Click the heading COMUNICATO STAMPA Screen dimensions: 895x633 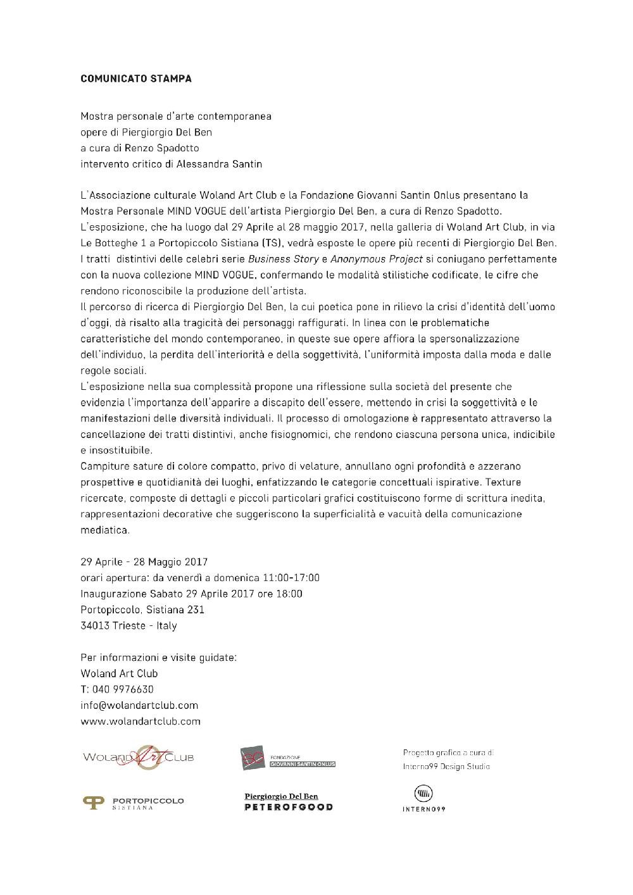tap(136, 79)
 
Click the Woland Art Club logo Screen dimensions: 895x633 tap(138, 757)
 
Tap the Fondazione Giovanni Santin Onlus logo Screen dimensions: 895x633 tap(288, 758)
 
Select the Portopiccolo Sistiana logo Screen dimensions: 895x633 tap(134, 803)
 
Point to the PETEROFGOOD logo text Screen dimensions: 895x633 tap(288, 807)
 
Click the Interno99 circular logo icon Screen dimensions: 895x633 tap(423, 793)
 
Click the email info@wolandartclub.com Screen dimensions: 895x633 tap(139, 705)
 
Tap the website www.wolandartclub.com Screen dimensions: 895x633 tap(141, 721)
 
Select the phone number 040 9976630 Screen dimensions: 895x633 tap(123, 689)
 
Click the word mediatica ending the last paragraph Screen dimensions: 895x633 tap(105, 530)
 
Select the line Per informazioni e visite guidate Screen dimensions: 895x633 tap(158, 657)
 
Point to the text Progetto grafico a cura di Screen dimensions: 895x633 tap(448, 753)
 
